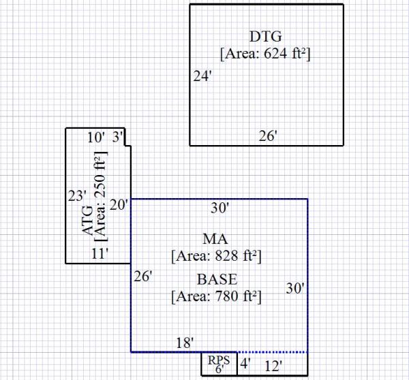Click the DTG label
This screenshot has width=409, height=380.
pyautogui.click(x=266, y=37)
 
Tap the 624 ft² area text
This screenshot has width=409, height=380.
pyautogui.click(x=266, y=52)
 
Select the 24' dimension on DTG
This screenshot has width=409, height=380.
pyautogui.click(x=202, y=77)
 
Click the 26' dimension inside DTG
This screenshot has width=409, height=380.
pyautogui.click(x=268, y=136)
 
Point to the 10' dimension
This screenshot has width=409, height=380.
pyautogui.click(x=96, y=137)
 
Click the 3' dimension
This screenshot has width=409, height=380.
pyautogui.click(x=117, y=137)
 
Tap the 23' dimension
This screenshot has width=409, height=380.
pyautogui.click(x=76, y=196)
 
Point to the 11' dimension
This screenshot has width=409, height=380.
pyautogui.click(x=100, y=254)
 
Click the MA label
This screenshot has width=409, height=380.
pyautogui.click(x=215, y=239)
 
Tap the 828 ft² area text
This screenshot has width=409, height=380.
pyautogui.click(x=217, y=257)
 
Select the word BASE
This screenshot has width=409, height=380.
pyautogui.click(x=217, y=279)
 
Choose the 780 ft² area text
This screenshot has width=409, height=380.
pyautogui.click(x=217, y=296)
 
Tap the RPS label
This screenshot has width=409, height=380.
pyautogui.click(x=219, y=360)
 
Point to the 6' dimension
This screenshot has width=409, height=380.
pyautogui.click(x=219, y=369)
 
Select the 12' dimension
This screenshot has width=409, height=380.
pyautogui.click(x=274, y=366)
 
